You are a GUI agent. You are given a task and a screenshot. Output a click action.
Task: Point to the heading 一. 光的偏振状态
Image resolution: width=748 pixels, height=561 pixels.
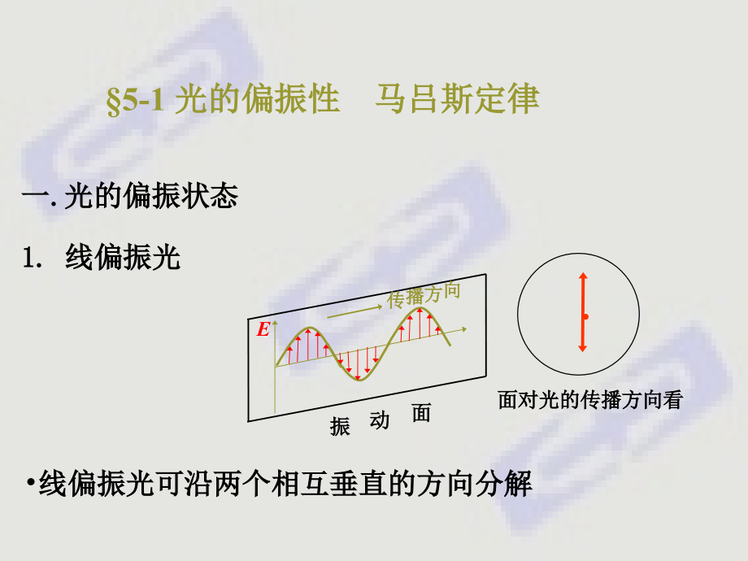(x=130, y=197)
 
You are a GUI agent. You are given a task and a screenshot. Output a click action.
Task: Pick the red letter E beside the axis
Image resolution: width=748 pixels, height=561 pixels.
(x=263, y=330)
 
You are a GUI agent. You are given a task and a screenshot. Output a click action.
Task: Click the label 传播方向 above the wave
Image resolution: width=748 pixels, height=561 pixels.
(x=423, y=295)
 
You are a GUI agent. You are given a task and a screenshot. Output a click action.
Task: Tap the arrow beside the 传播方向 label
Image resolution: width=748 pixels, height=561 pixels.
(x=354, y=310)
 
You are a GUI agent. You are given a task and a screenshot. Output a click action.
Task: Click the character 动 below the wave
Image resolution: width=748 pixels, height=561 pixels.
(x=379, y=420)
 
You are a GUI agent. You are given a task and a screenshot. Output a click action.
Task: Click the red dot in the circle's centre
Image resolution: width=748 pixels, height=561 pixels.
(x=585, y=316)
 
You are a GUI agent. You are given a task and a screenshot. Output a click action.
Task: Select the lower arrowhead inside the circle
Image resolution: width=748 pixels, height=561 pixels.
(x=582, y=348)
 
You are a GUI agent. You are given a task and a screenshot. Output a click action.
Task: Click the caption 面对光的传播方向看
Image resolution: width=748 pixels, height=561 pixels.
(x=589, y=400)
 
